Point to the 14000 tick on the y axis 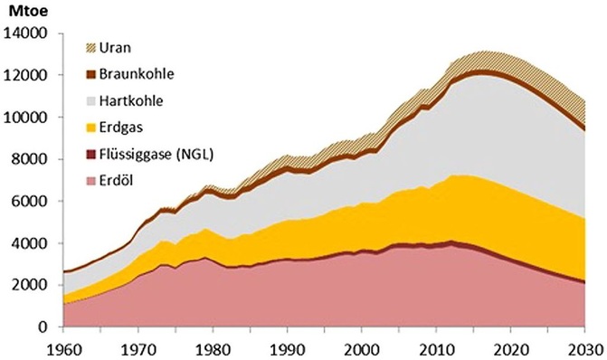(25, 34)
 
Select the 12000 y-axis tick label (25, 76)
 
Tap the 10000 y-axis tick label (25, 118)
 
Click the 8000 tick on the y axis (29, 160)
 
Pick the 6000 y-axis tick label (29, 202)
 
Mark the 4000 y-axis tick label (29, 243)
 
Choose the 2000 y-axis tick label (29, 286)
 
